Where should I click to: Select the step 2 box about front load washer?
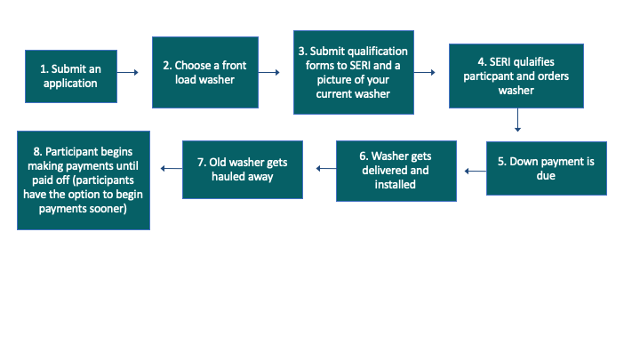204,72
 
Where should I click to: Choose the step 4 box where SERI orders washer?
516,76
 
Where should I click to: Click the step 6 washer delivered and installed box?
396,170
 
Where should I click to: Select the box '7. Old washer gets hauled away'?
242,169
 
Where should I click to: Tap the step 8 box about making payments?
84,180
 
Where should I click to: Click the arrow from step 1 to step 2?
130,73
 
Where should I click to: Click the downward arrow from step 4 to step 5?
516,120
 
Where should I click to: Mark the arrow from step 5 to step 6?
471,168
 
